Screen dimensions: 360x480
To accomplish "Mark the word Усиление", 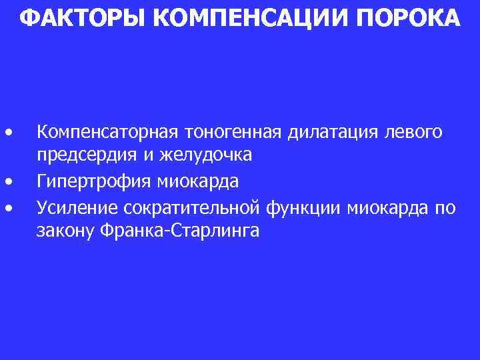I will coord(77,208).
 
